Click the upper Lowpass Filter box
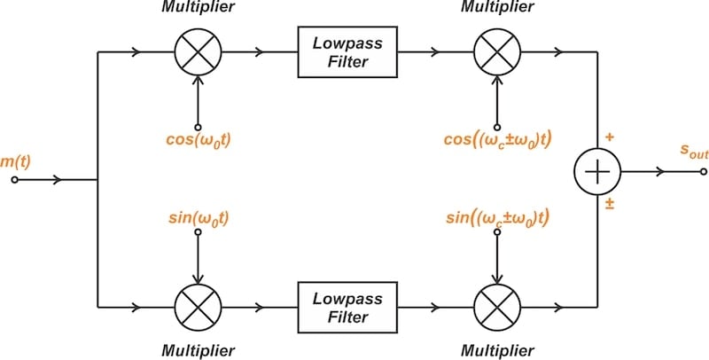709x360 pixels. click(x=346, y=53)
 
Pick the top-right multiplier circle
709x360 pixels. click(x=496, y=53)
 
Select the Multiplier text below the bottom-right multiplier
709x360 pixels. click(x=496, y=351)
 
